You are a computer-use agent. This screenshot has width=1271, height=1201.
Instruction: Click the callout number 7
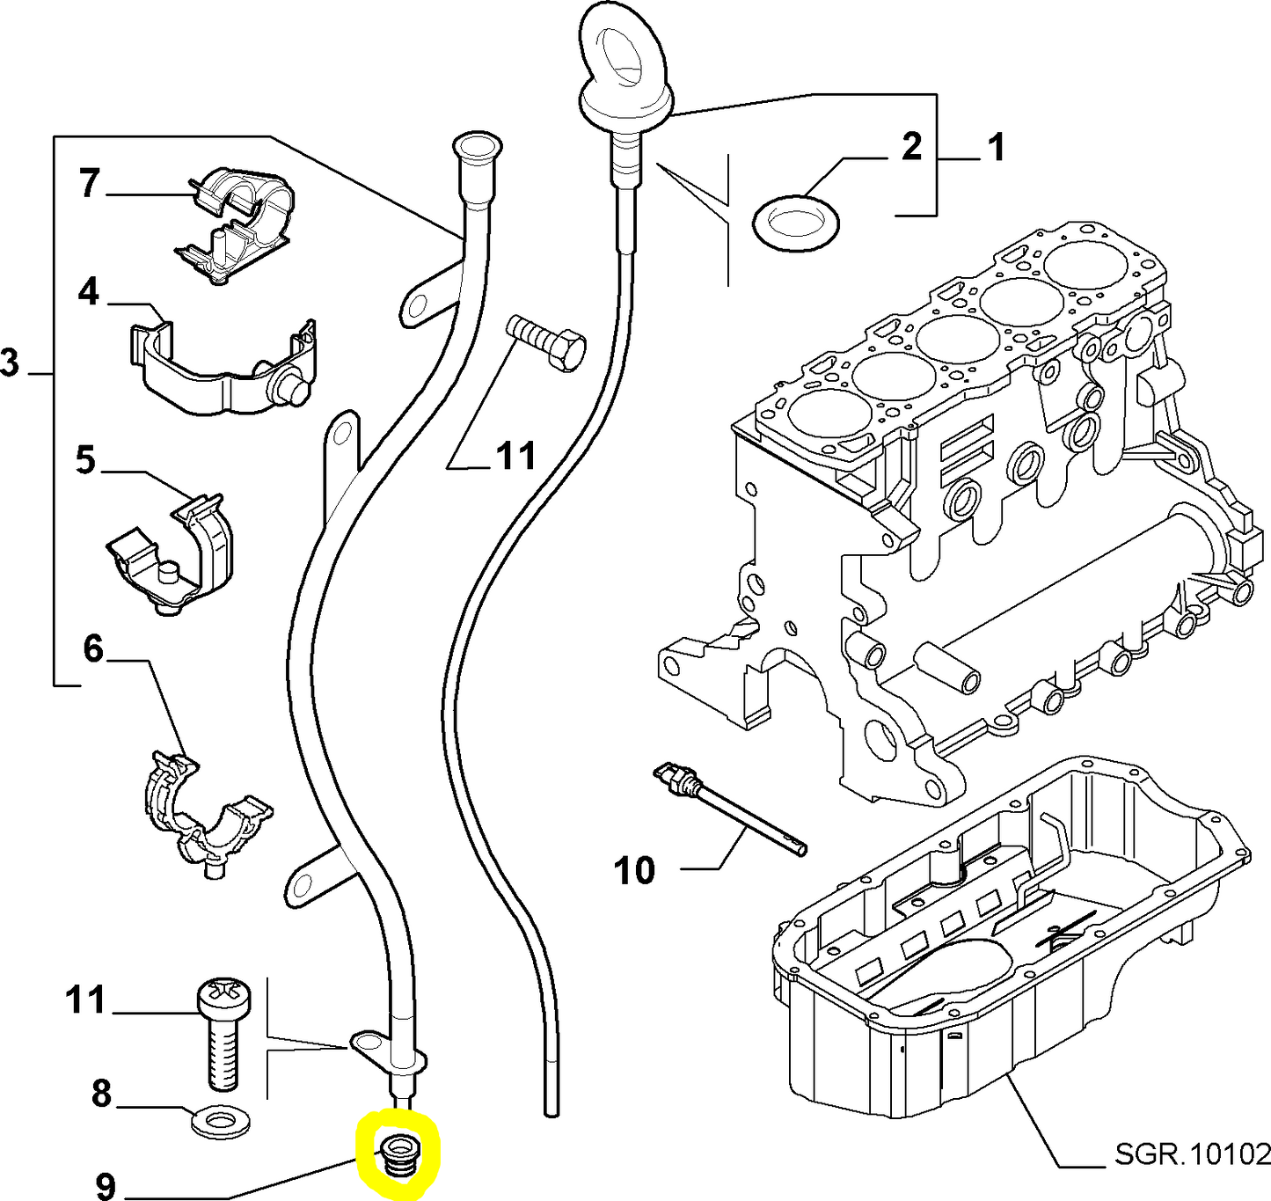89,184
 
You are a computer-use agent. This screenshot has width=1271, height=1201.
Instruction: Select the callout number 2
911,146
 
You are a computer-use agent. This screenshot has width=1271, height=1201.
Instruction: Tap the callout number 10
635,870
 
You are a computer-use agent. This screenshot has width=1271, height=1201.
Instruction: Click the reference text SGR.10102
1192,1153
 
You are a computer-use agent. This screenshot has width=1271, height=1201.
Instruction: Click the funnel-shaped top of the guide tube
474,147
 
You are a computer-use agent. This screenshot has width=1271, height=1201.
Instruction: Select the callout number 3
9,362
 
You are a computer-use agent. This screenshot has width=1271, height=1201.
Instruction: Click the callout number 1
995,148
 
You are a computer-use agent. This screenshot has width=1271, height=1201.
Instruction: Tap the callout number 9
104,1186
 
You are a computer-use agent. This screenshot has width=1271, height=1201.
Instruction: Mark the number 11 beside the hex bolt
515,457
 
